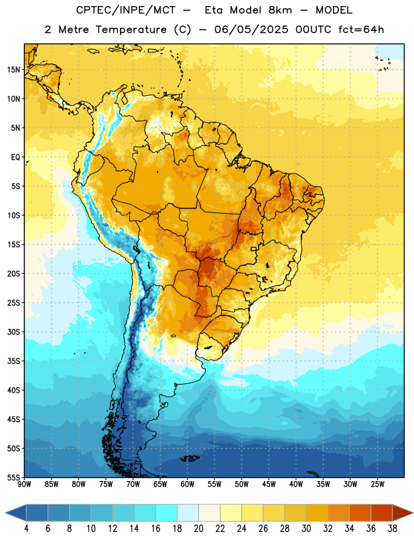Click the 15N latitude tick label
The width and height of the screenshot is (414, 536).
13,70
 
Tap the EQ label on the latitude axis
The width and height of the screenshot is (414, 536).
15,157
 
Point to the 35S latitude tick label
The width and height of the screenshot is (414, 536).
13,361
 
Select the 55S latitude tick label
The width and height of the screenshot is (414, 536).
13,477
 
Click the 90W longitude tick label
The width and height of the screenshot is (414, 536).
24,484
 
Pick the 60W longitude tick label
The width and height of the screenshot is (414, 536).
188,484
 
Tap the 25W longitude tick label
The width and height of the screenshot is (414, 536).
377,484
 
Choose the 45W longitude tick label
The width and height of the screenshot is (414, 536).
269,484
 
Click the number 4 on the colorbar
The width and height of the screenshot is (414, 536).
26,529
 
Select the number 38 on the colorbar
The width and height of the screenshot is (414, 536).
393,529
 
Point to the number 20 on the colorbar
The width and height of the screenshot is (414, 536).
198,529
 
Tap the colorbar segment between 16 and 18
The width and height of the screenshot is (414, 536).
167,513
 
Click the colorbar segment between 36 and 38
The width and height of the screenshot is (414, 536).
382,513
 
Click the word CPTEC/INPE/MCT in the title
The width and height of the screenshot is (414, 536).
125,11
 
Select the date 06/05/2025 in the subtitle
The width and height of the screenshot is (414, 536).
251,29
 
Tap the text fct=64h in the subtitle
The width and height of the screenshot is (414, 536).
361,29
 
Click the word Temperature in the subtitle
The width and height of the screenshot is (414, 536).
131,29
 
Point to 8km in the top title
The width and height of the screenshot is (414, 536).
281,11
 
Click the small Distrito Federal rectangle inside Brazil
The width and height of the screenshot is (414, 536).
254,249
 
